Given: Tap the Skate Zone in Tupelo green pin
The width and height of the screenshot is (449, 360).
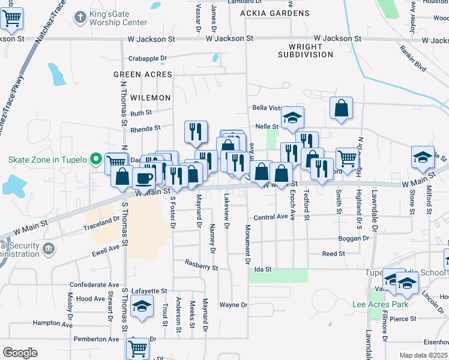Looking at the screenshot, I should click(x=95, y=160).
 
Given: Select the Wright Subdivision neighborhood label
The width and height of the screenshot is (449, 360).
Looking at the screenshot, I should click(x=306, y=50).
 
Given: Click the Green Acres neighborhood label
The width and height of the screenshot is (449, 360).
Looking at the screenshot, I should click(x=143, y=74).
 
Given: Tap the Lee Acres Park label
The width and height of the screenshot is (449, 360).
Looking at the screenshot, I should click(x=381, y=304).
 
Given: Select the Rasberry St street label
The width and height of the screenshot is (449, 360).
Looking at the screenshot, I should click(x=201, y=264).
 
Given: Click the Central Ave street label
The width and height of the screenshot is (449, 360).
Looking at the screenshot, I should click(x=271, y=217).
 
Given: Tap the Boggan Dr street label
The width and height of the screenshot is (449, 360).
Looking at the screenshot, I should click(x=353, y=238).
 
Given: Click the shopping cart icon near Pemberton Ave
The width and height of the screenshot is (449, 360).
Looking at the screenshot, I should click(x=138, y=348).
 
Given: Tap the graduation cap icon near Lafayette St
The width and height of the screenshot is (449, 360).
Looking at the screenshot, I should click(x=142, y=306).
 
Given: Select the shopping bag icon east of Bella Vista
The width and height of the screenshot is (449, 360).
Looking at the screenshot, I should click(x=341, y=109).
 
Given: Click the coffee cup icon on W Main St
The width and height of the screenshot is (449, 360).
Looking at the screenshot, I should click(x=144, y=176).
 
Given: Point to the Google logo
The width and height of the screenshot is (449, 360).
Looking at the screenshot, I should click(x=20, y=353).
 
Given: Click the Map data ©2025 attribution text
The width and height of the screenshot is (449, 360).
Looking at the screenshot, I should click(x=423, y=355).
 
